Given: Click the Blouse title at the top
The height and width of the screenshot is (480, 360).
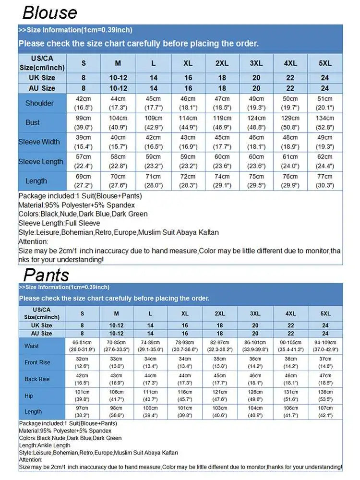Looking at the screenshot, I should pos(50,12).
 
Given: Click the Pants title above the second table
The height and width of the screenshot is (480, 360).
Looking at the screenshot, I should pos(47,275).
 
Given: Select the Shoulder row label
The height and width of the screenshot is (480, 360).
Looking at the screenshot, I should pos(39,103).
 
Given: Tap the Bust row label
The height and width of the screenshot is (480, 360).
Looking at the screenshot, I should pos(33,122).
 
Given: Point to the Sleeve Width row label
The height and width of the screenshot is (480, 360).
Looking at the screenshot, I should pos(39,142).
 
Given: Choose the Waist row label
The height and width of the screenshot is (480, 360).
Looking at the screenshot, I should pos(32,346).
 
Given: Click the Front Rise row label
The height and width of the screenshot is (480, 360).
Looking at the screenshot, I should pos(37,362).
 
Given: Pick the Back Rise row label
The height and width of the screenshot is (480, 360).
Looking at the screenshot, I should pos(37,379).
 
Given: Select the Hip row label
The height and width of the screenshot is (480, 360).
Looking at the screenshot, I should pos(29,396).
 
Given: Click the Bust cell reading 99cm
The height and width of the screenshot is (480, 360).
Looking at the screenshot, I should pos(84,122).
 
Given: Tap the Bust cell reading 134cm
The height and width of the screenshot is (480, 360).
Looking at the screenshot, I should pos(325,122).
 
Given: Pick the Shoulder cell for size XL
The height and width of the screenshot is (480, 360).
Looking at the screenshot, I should pos(188,103).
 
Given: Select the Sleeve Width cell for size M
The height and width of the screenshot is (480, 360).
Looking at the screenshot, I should pos(118,142).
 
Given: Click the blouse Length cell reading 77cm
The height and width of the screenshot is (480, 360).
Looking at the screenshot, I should pos(325,181).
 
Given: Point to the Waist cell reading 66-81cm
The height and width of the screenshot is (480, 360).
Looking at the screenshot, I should pos(83,346).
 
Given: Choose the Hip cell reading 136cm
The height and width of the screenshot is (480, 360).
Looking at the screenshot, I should pos(325,396).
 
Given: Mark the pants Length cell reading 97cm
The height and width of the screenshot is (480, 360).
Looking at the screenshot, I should pos(83,411).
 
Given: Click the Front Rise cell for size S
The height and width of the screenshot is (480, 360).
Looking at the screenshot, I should pos(83,362).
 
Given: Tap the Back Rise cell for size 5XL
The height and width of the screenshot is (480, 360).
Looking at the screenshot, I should pos(325,379).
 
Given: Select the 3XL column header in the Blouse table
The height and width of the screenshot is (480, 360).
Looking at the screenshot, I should pos(256,63).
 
